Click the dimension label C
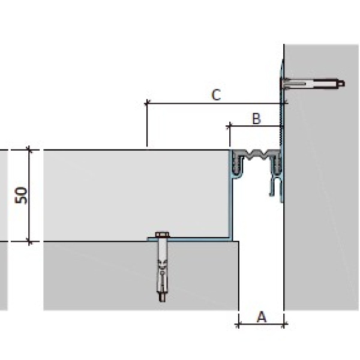[216, 95]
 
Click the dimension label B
[256, 119]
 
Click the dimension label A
[262, 317]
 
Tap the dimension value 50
[21, 196]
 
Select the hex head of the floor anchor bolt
[163, 235]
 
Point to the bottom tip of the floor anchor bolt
[163, 301]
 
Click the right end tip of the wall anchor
[344, 83]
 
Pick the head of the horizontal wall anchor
[283, 84]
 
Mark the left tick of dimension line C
[147, 103]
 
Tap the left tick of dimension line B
[230, 126]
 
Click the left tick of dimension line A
[239, 325]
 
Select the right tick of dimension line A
[284, 325]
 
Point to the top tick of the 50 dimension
[29, 150]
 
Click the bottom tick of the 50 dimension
[29, 242]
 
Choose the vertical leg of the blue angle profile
[230, 206]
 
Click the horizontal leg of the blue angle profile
[190, 239]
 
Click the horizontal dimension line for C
[215, 103]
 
